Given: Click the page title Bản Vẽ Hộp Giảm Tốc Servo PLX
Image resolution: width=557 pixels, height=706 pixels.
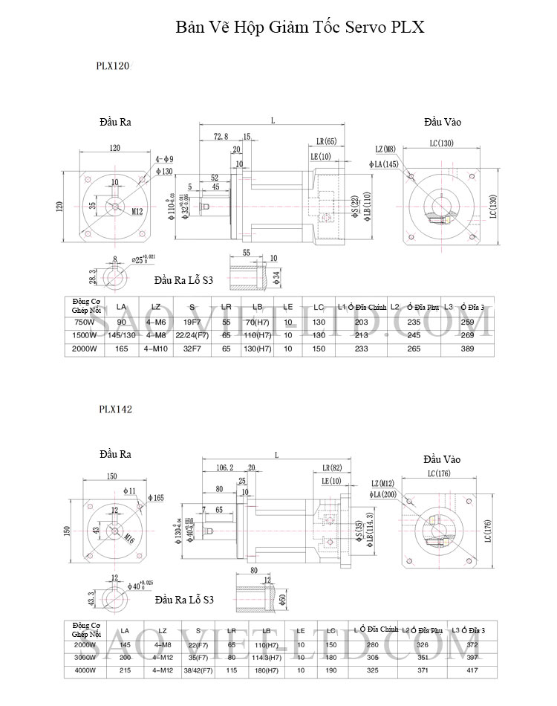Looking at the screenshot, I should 300,28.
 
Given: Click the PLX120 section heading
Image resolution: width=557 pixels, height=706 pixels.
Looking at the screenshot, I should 113,65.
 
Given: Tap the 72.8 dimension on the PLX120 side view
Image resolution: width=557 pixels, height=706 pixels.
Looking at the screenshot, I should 221,137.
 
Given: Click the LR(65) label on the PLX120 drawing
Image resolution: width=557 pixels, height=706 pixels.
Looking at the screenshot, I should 325,141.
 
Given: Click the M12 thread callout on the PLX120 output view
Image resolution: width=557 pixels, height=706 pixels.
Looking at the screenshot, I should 137,211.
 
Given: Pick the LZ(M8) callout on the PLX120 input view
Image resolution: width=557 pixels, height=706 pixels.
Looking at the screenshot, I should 385,149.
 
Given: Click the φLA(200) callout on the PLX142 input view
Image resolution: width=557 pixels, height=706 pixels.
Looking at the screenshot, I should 383,494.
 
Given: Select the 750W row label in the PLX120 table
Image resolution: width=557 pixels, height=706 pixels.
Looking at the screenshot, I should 85,322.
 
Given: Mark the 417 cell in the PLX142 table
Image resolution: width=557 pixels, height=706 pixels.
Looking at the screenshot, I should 472,670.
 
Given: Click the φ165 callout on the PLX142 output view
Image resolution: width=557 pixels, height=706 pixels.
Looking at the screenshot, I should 154,497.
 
